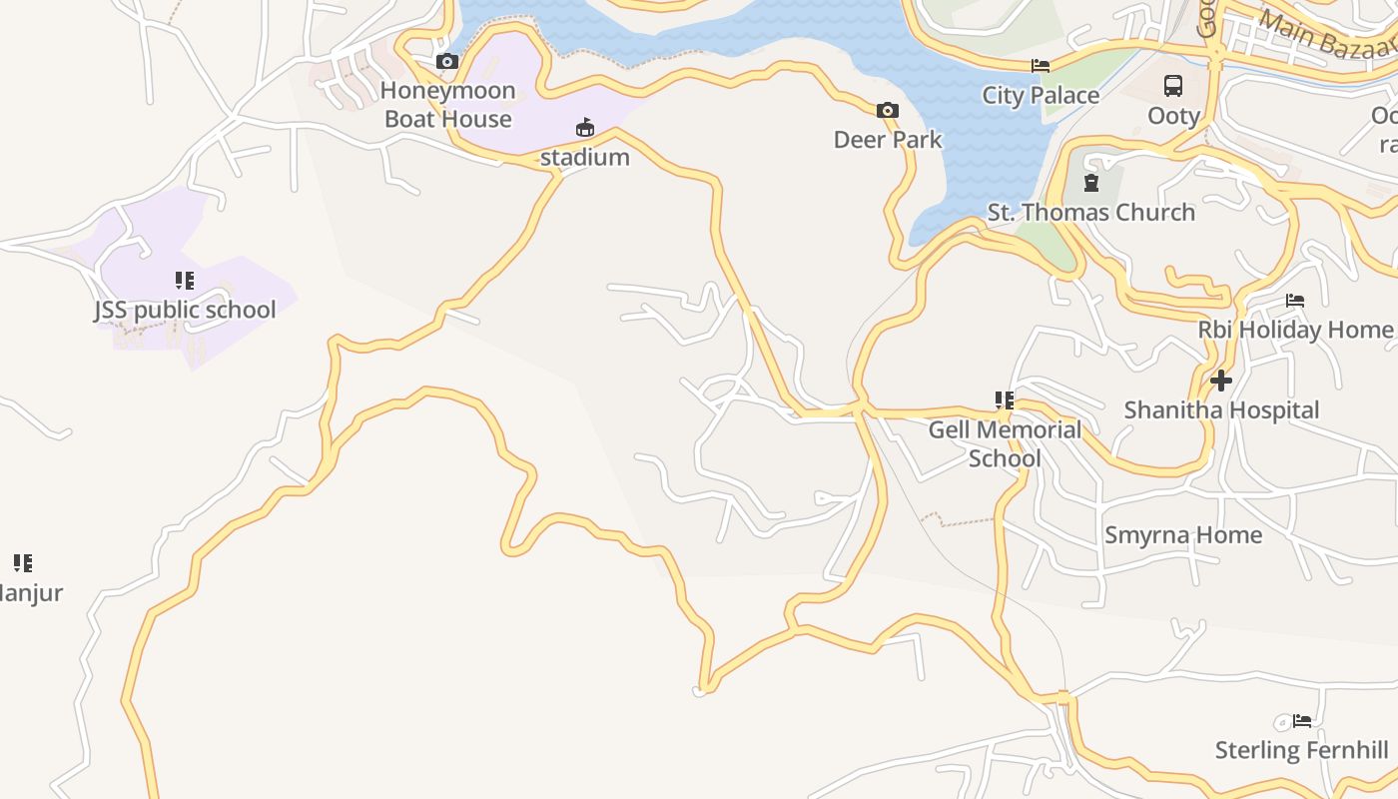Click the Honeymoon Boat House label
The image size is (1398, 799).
tap(447, 105)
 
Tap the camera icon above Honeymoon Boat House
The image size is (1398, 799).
tap(447, 62)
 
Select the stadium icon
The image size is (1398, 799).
tap(584, 128)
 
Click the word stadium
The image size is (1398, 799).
tap(585, 157)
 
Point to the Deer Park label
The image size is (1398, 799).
tap(888, 139)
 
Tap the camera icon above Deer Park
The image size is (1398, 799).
tap(888, 110)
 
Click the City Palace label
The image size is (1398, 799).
tap(1041, 95)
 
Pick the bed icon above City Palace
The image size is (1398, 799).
tap(1041, 66)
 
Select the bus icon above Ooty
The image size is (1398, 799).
tap(1173, 86)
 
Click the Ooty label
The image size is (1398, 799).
tap(1173, 116)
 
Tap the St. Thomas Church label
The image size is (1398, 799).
tap(1090, 212)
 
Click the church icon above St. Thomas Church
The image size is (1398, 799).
tap(1090, 183)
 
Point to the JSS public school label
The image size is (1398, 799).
tap(185, 310)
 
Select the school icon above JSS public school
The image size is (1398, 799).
tap(185, 281)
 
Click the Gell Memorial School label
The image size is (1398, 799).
tap(1005, 443)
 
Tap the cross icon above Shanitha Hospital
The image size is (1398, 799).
tap(1220, 381)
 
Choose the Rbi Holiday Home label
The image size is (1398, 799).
tap(1295, 330)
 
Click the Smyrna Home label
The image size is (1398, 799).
tap(1182, 535)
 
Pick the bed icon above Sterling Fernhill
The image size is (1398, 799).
tap(1301, 721)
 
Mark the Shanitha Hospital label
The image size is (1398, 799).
tap(1221, 410)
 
